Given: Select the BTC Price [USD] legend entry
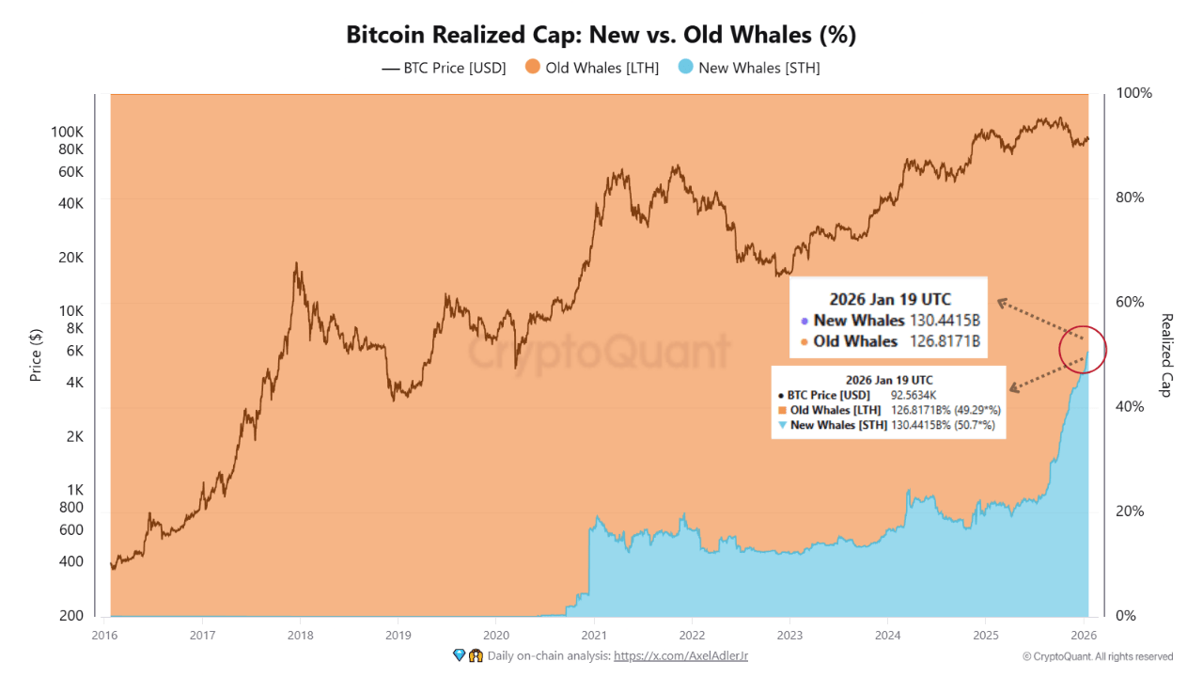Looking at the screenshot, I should click(444, 68).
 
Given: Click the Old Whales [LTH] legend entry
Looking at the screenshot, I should click(592, 68).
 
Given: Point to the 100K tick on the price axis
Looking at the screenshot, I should click(68, 132).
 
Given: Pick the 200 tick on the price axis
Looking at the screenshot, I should click(72, 615).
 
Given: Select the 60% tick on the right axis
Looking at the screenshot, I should click(1130, 302).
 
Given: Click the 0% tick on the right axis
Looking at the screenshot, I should click(1126, 615).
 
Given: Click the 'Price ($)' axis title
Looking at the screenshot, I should click(36, 354).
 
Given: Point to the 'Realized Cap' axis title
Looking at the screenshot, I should click(1166, 354).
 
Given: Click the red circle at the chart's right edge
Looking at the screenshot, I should click(1083, 351).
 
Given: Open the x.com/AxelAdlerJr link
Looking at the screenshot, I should click(680, 655).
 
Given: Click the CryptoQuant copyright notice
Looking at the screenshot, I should click(1097, 656).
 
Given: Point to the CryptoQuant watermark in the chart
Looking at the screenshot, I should click(599, 353).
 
